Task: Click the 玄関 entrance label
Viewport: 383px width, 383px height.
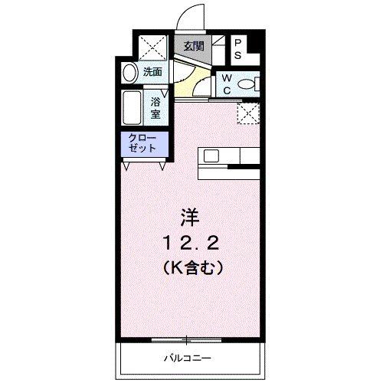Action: pos(194,46)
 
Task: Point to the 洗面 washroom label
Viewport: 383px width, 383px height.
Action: pos(152,72)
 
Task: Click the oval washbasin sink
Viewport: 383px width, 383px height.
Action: pos(129,74)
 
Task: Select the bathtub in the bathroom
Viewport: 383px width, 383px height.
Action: pos(129,109)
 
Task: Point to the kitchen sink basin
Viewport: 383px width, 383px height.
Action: pos(211,156)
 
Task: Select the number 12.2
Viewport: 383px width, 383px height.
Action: pos(191,243)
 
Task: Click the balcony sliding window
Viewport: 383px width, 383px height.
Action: pos(185,337)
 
